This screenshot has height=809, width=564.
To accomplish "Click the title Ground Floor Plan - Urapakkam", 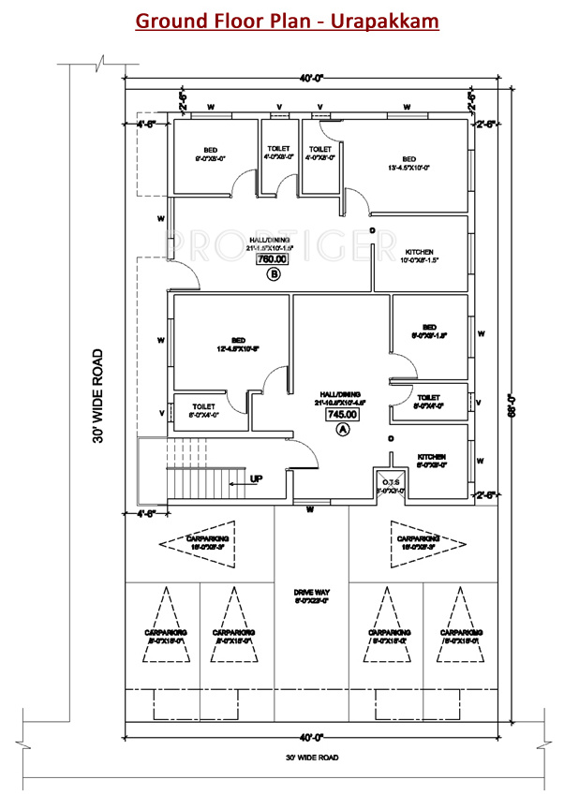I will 287,20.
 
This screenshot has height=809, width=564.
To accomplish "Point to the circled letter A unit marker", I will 342,430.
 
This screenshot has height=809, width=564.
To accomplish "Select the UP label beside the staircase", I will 256,478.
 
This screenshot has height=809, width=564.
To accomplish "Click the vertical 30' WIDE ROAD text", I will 98,397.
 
